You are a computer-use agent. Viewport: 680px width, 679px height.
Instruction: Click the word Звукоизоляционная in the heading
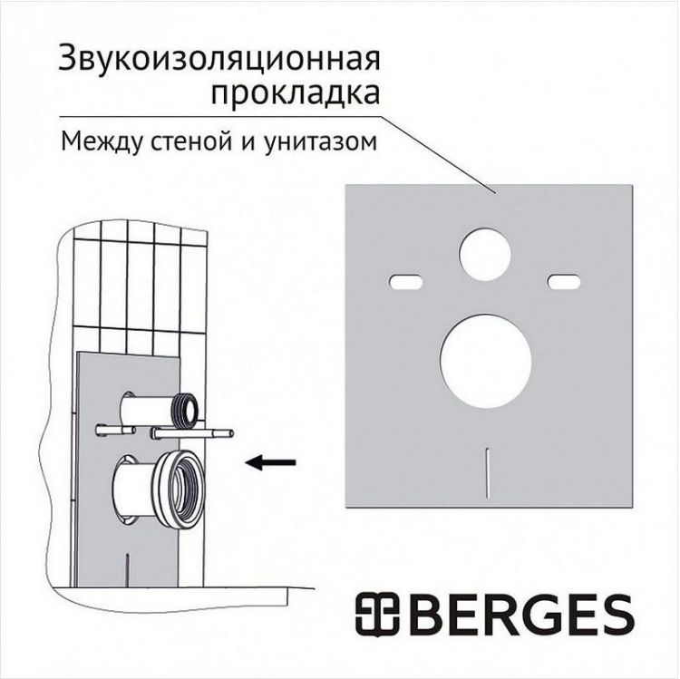[x=219, y=60]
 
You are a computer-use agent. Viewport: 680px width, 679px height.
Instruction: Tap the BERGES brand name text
[x=517, y=615]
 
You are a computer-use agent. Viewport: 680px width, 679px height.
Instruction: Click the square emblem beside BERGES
[x=376, y=615]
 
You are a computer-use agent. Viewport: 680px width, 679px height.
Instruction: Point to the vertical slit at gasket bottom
[x=487, y=472]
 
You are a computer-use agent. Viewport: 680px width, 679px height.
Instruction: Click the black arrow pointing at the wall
[x=272, y=462]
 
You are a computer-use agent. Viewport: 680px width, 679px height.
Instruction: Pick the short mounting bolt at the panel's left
[x=112, y=429]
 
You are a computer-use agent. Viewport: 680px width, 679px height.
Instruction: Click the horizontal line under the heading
[x=218, y=117]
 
